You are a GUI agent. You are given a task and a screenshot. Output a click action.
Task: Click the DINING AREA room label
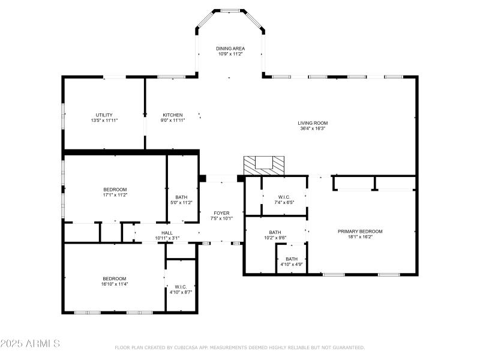(230, 48)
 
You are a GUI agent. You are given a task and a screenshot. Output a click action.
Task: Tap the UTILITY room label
(104, 115)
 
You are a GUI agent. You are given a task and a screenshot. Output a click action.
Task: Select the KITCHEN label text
(172, 115)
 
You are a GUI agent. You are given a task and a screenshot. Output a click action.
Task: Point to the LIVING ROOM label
(313, 123)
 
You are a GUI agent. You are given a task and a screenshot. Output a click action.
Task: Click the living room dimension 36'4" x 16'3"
(313, 128)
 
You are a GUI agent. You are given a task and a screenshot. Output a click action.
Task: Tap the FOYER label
(221, 213)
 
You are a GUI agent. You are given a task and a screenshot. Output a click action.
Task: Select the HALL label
(167, 233)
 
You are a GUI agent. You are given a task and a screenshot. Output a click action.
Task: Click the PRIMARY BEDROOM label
(359, 232)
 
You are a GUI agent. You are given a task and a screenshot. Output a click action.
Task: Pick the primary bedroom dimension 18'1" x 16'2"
(359, 237)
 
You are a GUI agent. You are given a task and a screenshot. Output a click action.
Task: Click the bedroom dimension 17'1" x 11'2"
(115, 194)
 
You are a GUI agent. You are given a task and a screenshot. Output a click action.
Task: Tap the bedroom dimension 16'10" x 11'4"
(114, 284)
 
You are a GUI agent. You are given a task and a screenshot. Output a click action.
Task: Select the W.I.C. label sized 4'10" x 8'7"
(181, 286)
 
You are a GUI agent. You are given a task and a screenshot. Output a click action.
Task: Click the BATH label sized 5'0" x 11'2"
(182, 197)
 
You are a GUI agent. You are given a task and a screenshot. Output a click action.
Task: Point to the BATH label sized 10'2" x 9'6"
(275, 232)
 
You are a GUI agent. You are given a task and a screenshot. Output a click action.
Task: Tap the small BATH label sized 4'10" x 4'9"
(292, 259)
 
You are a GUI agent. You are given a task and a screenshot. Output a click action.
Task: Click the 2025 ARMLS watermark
(30, 344)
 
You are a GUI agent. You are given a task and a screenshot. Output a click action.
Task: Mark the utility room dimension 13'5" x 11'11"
(104, 121)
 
